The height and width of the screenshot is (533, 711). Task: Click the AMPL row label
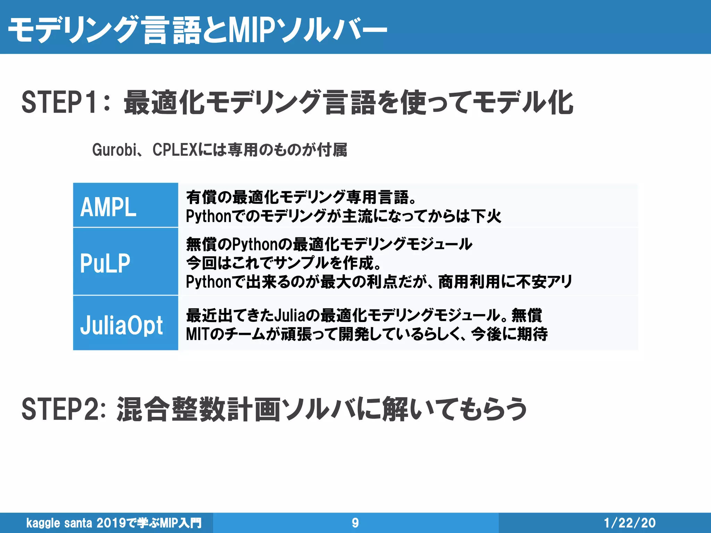tap(108, 207)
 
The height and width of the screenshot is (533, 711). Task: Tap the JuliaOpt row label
tap(122, 325)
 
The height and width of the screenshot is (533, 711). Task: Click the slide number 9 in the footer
tap(355, 523)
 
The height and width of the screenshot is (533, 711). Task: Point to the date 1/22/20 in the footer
tap(630, 523)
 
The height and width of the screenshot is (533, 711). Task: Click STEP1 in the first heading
tap(62, 102)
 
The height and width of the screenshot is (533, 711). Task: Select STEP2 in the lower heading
tap(62, 409)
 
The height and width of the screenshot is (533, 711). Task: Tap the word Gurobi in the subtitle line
tap(115, 150)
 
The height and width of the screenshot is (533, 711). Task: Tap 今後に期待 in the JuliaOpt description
tap(509, 334)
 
